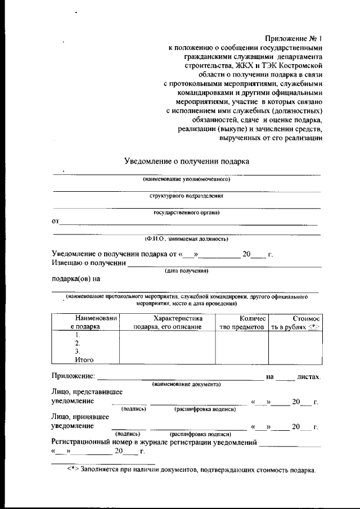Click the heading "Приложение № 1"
point(294,39)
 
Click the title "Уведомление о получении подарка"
point(186,161)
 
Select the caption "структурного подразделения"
point(186,196)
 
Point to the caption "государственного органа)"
point(186,213)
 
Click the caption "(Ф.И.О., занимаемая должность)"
point(186,238)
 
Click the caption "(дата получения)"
point(186,271)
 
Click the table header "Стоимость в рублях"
point(295,322)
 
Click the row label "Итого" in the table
point(84,359)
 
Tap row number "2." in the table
point(78,343)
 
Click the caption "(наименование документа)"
point(186,384)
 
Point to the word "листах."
point(308,376)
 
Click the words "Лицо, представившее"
point(87,391)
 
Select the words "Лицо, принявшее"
point(82,417)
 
